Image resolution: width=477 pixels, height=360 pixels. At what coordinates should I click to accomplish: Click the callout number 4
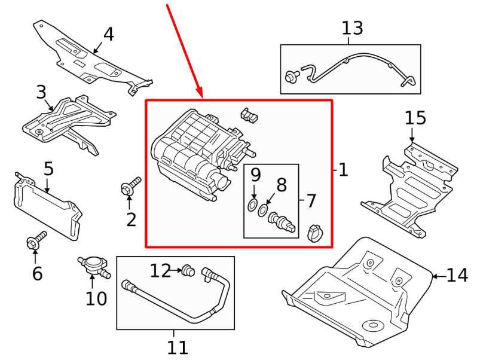click(108, 34)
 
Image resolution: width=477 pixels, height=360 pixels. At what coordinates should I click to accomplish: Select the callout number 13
click(352, 28)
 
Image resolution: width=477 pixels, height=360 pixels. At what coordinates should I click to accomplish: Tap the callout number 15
click(415, 117)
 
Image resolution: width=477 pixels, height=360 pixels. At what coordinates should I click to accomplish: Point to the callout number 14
click(457, 276)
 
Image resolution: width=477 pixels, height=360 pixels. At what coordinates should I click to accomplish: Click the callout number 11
click(178, 347)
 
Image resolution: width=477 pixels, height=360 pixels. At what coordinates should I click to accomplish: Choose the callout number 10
click(96, 297)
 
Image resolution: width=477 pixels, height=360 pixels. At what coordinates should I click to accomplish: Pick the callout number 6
click(37, 274)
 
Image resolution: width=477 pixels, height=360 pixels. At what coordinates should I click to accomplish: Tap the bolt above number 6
click(35, 242)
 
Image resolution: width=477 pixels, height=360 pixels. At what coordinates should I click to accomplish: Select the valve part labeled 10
click(93, 265)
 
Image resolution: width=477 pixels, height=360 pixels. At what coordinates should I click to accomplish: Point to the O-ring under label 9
click(251, 207)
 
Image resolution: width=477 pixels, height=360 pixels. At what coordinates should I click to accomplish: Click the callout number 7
click(311, 201)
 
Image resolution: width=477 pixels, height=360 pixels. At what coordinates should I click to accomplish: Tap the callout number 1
click(343, 170)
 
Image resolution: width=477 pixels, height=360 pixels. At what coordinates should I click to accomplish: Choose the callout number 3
click(41, 92)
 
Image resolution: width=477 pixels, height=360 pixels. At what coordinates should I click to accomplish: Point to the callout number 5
click(48, 169)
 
